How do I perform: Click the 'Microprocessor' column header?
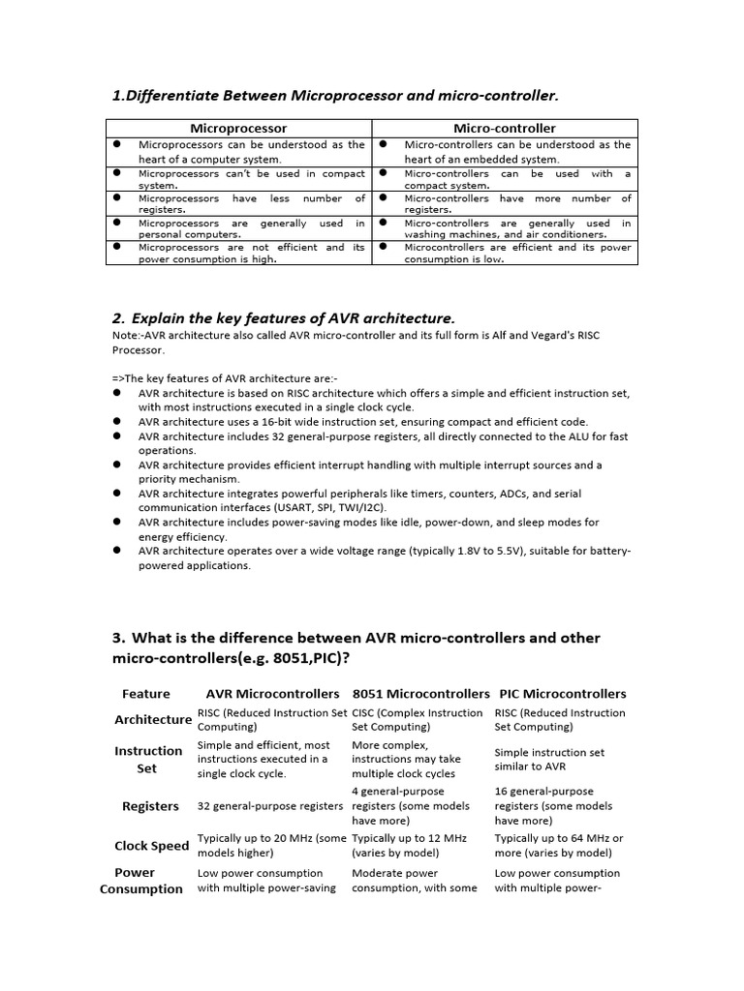[238, 128]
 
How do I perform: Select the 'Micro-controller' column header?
[505, 128]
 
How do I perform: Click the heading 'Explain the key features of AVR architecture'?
[293, 318]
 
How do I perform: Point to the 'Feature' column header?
[146, 694]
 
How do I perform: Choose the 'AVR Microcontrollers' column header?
[273, 694]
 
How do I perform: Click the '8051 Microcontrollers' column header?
[421, 694]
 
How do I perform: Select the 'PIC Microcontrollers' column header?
[562, 694]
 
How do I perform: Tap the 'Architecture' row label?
[153, 720]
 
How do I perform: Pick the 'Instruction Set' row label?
[148, 760]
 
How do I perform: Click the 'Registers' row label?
[150, 806]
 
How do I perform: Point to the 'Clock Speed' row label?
[152, 846]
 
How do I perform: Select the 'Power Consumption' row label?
[141, 881]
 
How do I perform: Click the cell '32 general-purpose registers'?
[271, 806]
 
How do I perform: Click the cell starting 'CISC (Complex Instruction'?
[417, 720]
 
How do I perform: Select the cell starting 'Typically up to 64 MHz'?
[559, 846]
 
